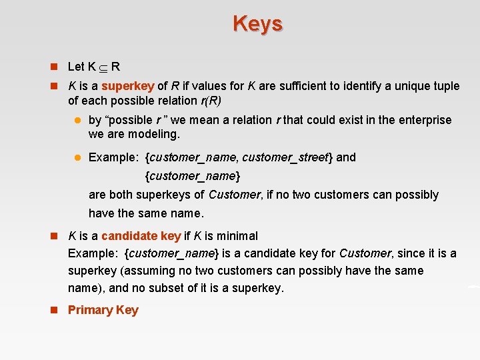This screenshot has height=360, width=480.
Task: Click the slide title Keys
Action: coord(258,23)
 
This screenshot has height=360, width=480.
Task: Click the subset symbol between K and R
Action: coord(103,67)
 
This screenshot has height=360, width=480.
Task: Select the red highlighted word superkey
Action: coord(128,86)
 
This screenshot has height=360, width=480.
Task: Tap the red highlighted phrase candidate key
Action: coord(141,236)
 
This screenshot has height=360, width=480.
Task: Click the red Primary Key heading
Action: coord(103,310)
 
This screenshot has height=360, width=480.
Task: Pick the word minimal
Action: coord(236,236)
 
